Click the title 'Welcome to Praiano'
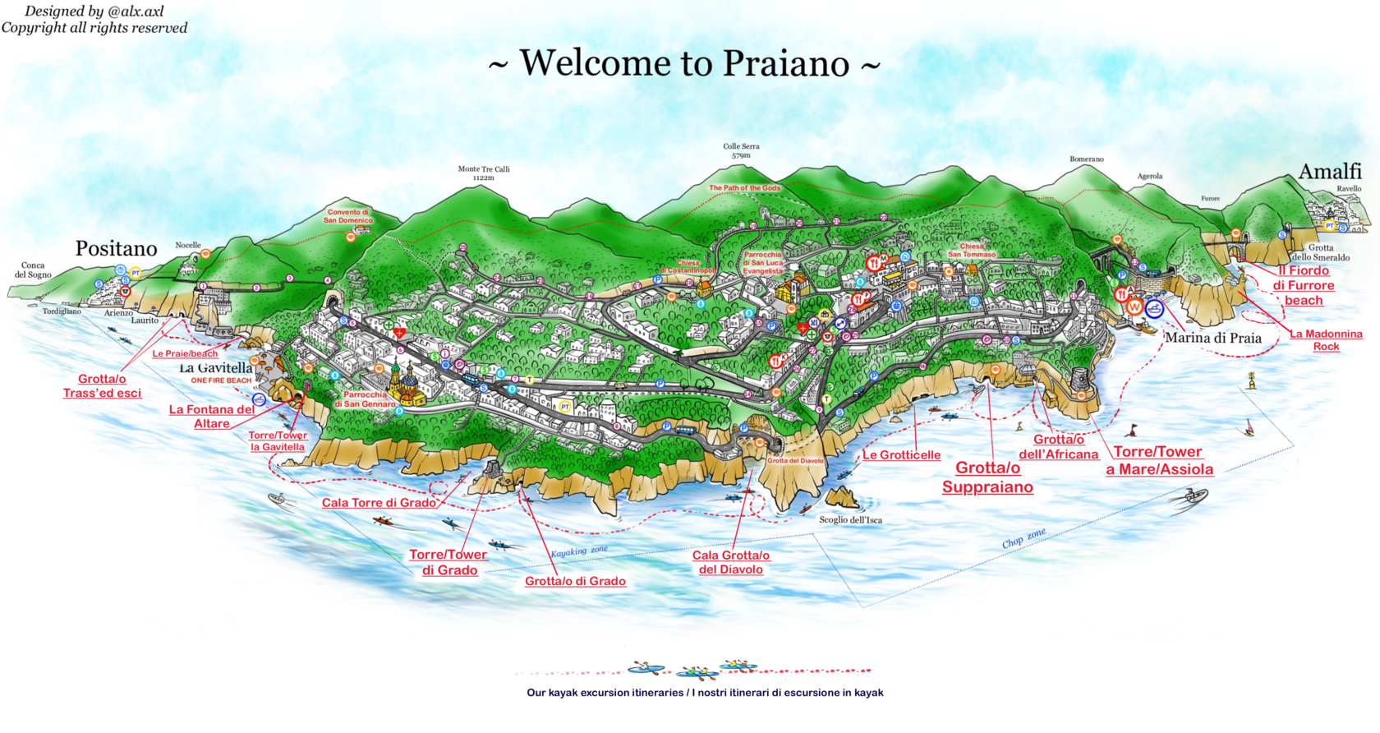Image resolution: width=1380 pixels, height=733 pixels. point(684,63)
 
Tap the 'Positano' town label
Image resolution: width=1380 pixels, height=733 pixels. point(116,248)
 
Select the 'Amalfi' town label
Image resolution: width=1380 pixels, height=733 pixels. point(1329,172)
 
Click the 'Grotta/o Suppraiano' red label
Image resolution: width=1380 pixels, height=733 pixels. point(987,477)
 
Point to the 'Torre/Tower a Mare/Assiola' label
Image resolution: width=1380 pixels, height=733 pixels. point(1158,460)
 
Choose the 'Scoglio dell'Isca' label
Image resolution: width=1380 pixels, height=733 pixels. point(850,520)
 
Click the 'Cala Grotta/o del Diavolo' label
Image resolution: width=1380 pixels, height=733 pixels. point(730,562)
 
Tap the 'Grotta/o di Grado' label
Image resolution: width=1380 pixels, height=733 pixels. point(575,581)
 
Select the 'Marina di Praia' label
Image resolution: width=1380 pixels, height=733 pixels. point(1212,338)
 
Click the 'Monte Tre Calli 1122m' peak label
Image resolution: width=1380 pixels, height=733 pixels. point(484,173)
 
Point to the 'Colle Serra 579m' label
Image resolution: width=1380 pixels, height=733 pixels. point(741,150)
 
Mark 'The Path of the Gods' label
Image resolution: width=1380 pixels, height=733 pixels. point(744,188)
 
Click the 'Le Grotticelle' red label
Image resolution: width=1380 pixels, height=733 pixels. point(901,455)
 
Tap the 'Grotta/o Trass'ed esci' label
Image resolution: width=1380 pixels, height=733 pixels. point(102,385)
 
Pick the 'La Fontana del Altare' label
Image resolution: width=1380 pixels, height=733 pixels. point(211,416)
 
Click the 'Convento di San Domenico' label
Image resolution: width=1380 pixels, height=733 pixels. point(347,216)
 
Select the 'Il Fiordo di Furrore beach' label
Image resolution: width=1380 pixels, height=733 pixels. point(1303,285)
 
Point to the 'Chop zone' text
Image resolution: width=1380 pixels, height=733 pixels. point(1023,538)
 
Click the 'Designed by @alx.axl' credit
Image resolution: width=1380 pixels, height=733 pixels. point(94,12)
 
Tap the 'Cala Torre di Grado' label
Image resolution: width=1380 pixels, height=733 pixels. point(379,503)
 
